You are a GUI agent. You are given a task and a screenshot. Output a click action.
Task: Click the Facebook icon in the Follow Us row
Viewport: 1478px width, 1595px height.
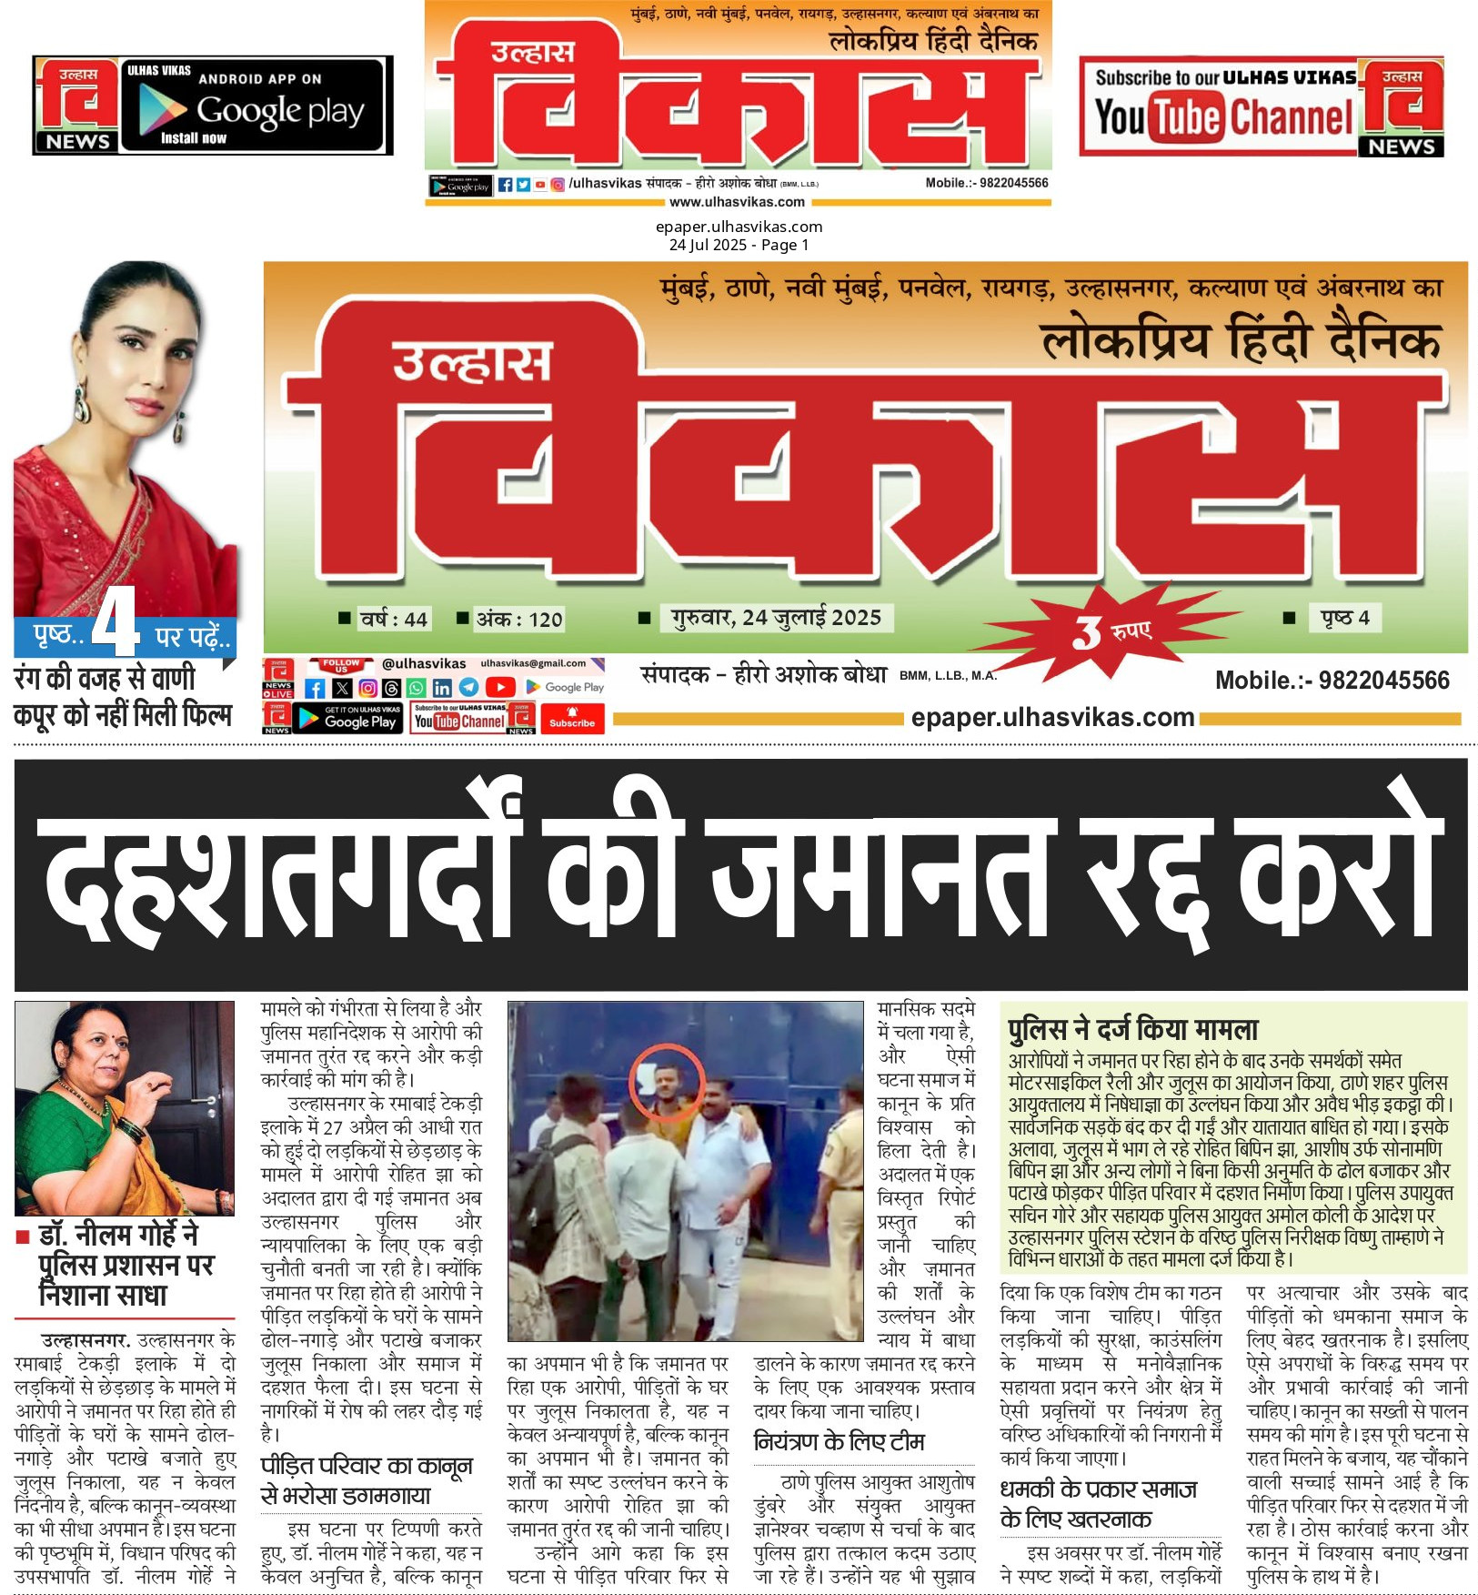point(315,688)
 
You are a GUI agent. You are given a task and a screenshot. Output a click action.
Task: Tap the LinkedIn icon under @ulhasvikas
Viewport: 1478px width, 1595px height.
point(442,688)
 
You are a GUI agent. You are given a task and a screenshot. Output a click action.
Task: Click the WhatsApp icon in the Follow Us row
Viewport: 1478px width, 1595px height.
point(416,688)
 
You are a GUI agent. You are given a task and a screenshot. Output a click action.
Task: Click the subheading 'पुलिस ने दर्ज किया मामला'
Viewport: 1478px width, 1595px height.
point(1132,1029)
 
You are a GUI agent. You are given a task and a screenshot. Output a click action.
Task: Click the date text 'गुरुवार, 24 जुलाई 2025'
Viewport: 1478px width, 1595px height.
point(776,618)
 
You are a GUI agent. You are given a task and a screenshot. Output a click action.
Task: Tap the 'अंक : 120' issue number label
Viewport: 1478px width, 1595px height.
point(519,620)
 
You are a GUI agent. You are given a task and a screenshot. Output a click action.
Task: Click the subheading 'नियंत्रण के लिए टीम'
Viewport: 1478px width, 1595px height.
point(839,1441)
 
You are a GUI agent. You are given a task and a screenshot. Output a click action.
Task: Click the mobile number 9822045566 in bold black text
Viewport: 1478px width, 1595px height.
point(1332,680)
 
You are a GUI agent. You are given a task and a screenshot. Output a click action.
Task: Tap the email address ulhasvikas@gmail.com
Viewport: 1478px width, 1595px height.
point(533,663)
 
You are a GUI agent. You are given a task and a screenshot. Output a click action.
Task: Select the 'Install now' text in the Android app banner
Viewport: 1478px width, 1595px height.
point(193,138)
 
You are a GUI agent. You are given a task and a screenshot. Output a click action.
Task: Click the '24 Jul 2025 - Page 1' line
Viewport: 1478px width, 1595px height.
point(739,245)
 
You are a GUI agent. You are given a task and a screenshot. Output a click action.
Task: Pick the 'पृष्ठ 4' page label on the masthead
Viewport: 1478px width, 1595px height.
point(1344,618)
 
